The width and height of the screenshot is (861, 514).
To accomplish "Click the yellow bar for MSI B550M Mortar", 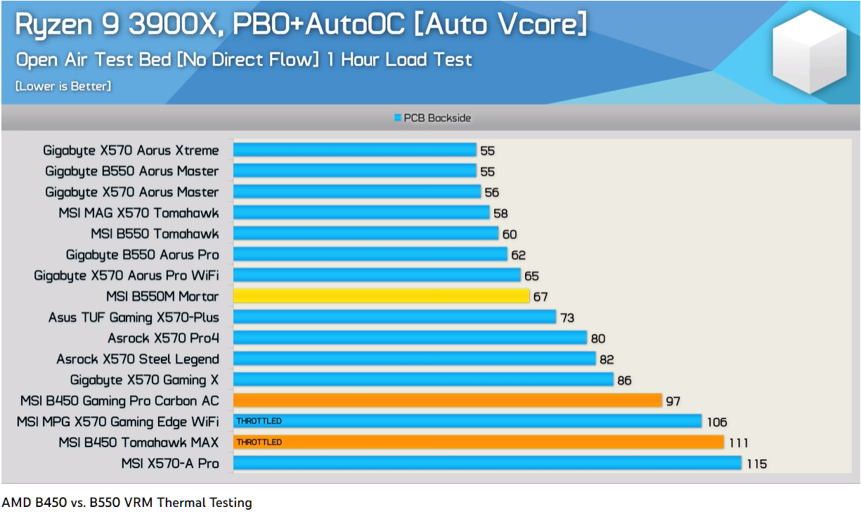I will click(x=381, y=296).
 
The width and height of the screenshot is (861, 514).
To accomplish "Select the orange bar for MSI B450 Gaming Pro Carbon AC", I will click(x=447, y=401).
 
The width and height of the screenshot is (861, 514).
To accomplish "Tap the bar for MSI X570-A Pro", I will click(x=487, y=463).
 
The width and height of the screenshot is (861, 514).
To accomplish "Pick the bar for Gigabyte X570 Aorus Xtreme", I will click(x=354, y=150).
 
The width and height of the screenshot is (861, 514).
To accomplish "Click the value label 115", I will click(x=757, y=464).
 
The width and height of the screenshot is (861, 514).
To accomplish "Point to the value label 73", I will click(x=567, y=318).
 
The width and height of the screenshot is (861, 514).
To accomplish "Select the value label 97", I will click(x=673, y=401).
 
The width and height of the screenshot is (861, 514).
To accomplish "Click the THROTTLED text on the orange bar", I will click(x=259, y=442).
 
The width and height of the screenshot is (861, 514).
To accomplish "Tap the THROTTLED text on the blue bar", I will click(x=259, y=421).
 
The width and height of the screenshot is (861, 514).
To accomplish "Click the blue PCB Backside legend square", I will click(x=398, y=118).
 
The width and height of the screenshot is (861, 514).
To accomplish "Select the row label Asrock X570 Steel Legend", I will click(x=138, y=359).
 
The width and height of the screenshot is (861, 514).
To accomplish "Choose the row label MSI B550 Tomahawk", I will click(x=155, y=233).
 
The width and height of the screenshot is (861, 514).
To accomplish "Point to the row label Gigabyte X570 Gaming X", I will click(x=144, y=380).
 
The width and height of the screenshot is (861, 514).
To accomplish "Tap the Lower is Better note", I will click(x=63, y=86).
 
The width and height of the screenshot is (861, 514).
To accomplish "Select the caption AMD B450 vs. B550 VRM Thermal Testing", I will click(x=127, y=503).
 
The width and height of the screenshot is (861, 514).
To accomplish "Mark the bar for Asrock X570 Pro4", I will click(x=410, y=338).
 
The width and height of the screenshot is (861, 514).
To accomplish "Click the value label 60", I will click(x=510, y=234).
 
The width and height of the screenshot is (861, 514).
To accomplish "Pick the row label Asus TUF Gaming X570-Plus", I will click(x=134, y=318).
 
